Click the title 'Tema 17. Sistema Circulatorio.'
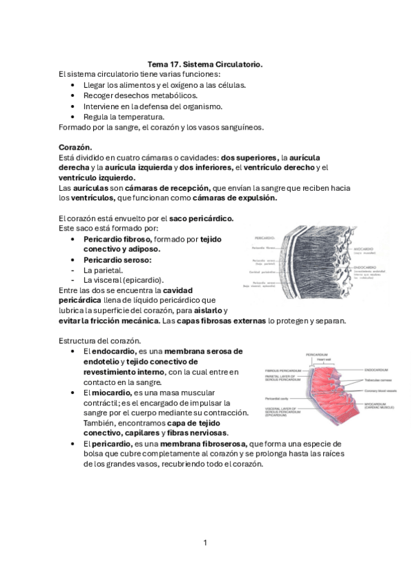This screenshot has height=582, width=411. coord(205,63)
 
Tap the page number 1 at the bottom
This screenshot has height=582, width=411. coord(205,543)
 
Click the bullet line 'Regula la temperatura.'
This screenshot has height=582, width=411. coord(124,117)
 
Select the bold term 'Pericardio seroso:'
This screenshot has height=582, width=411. coord(117,260)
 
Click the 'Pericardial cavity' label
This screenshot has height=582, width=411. coord(279,397)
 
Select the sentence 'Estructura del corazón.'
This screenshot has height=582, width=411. coord(100,340)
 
